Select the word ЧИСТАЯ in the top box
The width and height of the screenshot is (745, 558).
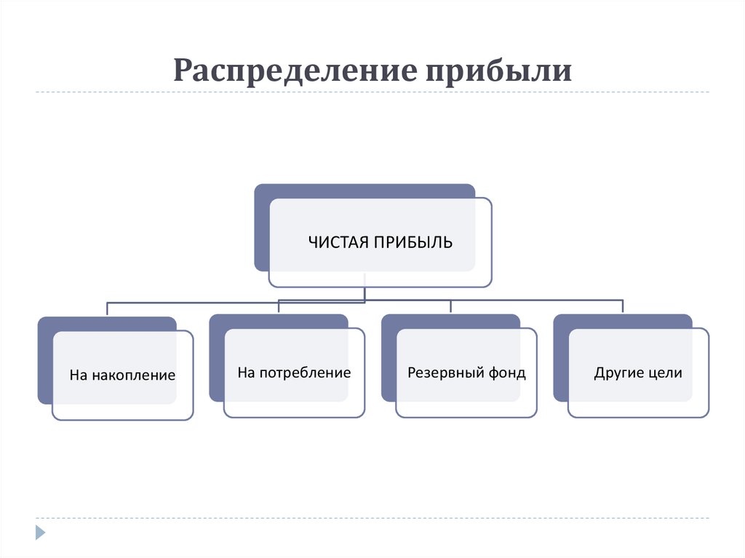(x=338, y=242)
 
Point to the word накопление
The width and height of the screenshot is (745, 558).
(x=133, y=376)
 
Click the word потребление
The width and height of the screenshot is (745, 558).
(x=305, y=373)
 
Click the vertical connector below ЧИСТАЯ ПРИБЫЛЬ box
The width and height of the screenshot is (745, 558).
(x=364, y=287)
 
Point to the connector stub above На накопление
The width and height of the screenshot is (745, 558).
(x=108, y=308)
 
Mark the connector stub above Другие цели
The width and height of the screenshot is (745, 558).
(x=624, y=306)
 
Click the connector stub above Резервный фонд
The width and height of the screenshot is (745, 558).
(x=451, y=306)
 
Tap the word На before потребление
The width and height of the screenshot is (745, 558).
(x=246, y=373)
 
